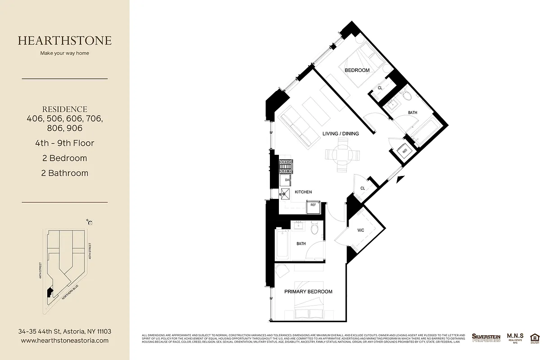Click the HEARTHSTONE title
[x=65, y=40]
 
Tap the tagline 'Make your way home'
[x=65, y=53]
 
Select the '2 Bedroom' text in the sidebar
[x=65, y=158]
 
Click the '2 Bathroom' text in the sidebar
[x=65, y=173]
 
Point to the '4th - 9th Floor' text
[x=65, y=143]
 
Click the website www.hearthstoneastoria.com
[x=65, y=341]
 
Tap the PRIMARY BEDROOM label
[x=308, y=292]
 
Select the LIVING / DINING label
[x=341, y=134]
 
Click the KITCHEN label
[x=303, y=192]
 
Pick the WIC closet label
[x=361, y=230]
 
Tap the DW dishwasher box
[x=287, y=180]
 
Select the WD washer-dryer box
[x=404, y=151]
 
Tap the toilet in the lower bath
[x=315, y=229]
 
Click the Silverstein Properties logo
[x=485, y=337]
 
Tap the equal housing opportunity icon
[x=534, y=338]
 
